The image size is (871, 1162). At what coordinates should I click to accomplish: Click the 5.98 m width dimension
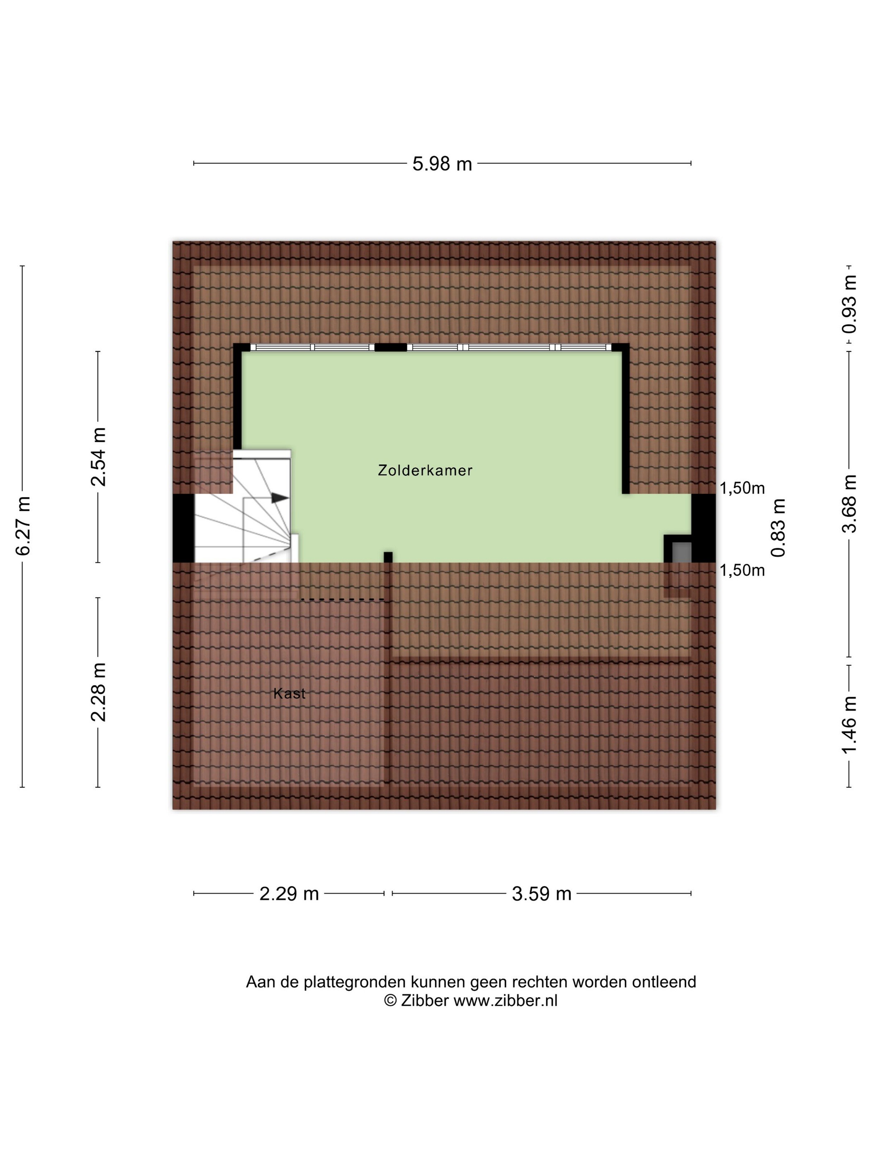pyautogui.click(x=442, y=164)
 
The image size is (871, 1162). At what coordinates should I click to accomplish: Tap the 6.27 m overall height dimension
pyautogui.click(x=24, y=525)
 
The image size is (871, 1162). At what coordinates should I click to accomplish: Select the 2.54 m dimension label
pyautogui.click(x=99, y=456)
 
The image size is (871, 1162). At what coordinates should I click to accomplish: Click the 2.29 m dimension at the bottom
pyautogui.click(x=289, y=893)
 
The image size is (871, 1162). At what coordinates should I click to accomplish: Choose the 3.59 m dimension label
pyautogui.click(x=541, y=893)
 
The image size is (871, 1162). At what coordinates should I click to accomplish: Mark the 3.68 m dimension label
pyautogui.click(x=849, y=503)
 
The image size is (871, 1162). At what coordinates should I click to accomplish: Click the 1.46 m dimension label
pyautogui.click(x=849, y=725)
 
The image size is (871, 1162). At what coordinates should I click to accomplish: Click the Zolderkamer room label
pyautogui.click(x=425, y=470)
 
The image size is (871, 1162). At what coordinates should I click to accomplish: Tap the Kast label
pyautogui.click(x=289, y=693)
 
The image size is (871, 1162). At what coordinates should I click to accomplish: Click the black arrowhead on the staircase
pyautogui.click(x=280, y=498)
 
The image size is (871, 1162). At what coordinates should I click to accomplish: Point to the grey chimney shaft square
pyautogui.click(x=681, y=552)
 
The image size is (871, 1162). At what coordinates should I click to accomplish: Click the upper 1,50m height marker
pyautogui.click(x=742, y=488)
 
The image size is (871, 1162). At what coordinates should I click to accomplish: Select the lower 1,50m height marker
pyautogui.click(x=742, y=570)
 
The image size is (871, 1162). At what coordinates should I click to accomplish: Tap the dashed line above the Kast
pyautogui.click(x=342, y=599)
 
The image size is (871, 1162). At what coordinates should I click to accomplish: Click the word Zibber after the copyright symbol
pyautogui.click(x=425, y=1000)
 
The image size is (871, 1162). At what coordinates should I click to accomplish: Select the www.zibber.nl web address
pyautogui.click(x=505, y=1000)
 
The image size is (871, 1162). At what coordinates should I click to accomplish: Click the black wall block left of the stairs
pyautogui.click(x=184, y=528)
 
